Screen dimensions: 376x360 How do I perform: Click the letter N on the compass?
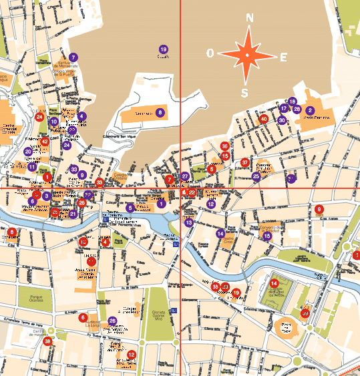pos(249,19)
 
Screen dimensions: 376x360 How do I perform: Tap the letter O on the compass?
pos(210,53)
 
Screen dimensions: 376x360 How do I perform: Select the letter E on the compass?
pos(283,57)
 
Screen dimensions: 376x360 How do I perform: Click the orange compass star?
pos(247,55)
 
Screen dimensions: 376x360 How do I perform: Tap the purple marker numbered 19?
pos(163,49)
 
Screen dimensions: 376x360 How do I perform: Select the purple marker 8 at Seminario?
pos(160,112)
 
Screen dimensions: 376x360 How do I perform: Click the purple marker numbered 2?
pos(311,110)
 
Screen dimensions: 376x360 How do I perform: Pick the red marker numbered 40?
pos(264,119)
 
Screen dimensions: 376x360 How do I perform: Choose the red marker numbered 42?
pos(45,142)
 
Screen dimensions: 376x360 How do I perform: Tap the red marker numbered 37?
pos(245,162)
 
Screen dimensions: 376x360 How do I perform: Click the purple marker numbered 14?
pos(220,233)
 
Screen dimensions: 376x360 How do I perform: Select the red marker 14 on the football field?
pos(274,283)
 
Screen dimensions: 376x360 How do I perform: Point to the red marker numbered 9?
pos(319,210)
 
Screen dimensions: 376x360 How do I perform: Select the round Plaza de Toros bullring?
pos(285,327)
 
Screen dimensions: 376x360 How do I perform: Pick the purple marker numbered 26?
pos(112,321)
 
